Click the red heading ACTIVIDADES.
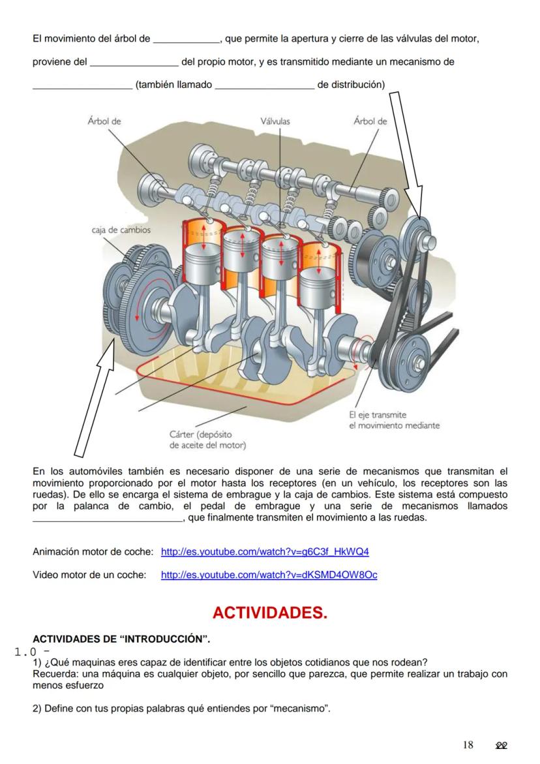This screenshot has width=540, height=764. click(x=269, y=613)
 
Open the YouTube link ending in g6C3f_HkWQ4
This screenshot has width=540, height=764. click(x=265, y=552)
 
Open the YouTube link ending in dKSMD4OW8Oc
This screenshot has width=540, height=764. click(x=269, y=575)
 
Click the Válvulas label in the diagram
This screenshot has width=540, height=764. click(x=275, y=121)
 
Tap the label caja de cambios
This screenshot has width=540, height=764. click(x=121, y=230)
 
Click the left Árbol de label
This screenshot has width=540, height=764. click(x=104, y=121)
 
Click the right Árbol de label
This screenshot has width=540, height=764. click(x=370, y=121)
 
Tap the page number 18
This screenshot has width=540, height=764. click(x=468, y=745)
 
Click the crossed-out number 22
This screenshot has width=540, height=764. click(x=502, y=745)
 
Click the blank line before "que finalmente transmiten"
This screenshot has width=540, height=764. click(x=108, y=518)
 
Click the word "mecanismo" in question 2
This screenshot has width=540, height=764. click(x=301, y=709)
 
